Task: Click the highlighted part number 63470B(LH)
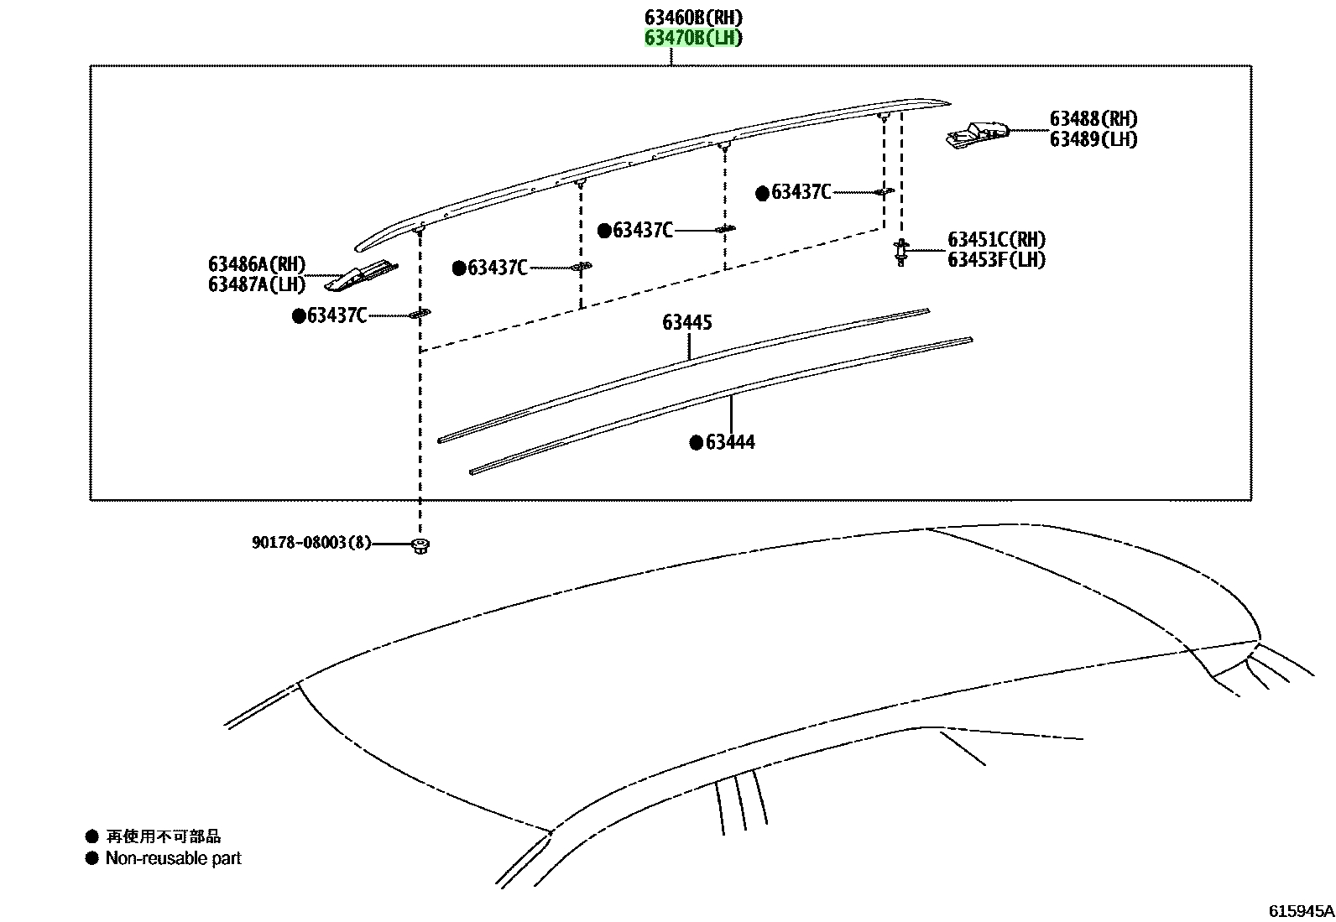tap(694, 38)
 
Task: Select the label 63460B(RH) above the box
tap(694, 18)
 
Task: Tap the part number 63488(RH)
tap(1093, 118)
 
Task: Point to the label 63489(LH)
tap(1093, 139)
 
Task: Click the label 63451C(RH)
tap(997, 240)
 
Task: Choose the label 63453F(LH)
tap(997, 260)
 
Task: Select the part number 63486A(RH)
tap(257, 264)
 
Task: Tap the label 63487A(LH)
tap(257, 284)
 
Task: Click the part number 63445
tap(687, 323)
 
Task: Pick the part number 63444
tap(730, 442)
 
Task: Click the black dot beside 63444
tap(696, 442)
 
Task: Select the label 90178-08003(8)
tap(311, 543)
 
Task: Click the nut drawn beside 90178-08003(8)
tap(420, 545)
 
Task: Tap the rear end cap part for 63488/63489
tap(977, 135)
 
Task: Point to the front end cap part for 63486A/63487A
tap(361, 276)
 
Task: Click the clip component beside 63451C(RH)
tap(901, 253)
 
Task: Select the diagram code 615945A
tap(1301, 910)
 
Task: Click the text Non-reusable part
tap(174, 858)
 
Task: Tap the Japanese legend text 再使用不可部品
tap(164, 836)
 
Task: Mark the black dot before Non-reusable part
tap(91, 858)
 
